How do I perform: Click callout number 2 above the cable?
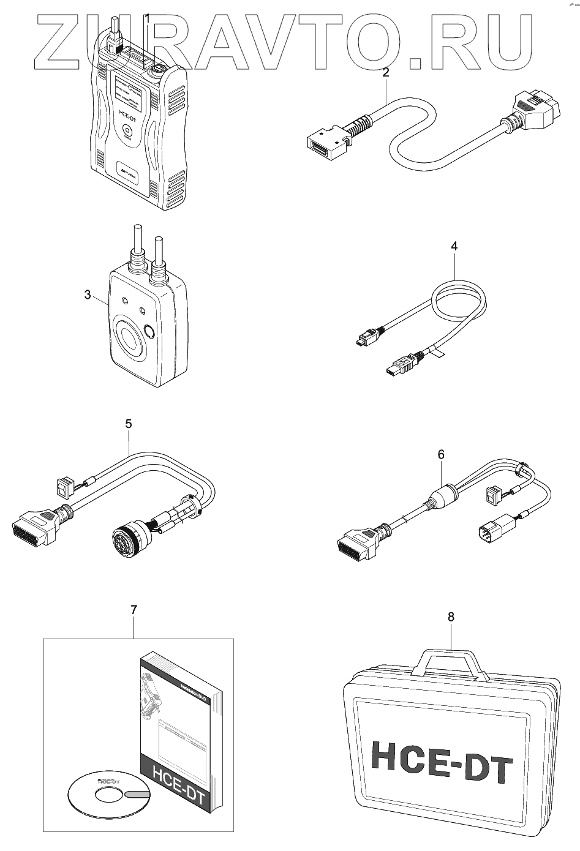tap(386, 72)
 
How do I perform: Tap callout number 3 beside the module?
tap(88, 296)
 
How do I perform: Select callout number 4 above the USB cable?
tap(454, 246)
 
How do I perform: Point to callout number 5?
tap(128, 423)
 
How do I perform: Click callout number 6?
tap(441, 454)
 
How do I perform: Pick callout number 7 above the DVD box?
tap(134, 609)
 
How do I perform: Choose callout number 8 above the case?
tap(451, 617)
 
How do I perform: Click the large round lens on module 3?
tap(129, 337)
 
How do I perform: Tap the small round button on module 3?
tap(149, 332)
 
